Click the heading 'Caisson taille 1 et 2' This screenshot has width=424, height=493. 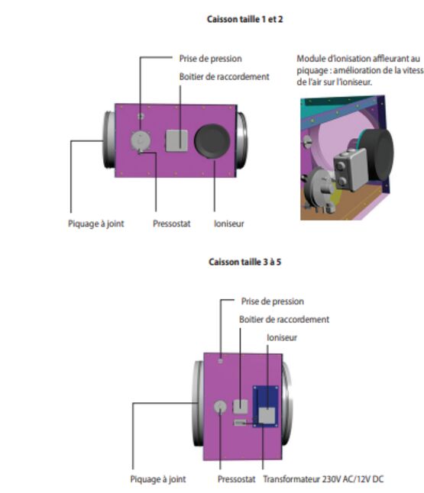(x=244, y=19)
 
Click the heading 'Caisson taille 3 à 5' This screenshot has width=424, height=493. (x=244, y=262)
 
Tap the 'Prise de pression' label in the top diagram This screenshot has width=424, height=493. (x=210, y=59)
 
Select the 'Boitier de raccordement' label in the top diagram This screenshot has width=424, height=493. (x=224, y=77)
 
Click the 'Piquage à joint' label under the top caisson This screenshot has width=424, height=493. (x=96, y=224)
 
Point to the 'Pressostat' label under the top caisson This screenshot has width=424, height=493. (x=172, y=224)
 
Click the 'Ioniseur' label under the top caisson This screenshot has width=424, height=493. (x=229, y=224)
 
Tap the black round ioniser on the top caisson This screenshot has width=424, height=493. (x=212, y=141)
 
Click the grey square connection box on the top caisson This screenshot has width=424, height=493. (x=176, y=140)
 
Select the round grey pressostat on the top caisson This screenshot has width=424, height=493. (x=141, y=140)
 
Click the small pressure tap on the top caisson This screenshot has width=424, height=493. (x=141, y=116)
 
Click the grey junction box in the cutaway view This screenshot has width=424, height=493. (x=351, y=169)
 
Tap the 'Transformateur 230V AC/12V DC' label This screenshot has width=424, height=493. (x=323, y=479)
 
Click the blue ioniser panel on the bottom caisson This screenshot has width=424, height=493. (x=266, y=407)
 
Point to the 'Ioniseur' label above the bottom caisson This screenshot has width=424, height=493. (x=282, y=337)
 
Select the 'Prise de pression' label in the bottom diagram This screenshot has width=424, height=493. (x=272, y=301)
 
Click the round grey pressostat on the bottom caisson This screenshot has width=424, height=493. (x=220, y=407)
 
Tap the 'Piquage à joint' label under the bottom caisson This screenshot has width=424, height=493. (x=158, y=479)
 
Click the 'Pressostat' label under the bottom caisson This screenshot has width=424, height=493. (x=236, y=479)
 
